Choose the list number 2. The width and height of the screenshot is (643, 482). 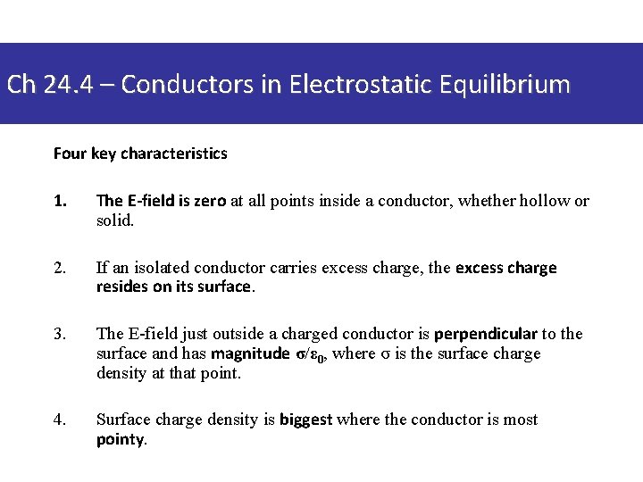point(60,268)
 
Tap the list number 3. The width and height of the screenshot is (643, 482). point(60,334)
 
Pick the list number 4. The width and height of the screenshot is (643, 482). point(60,420)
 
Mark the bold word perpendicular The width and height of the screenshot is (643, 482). point(486,334)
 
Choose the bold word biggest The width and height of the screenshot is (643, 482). point(305,420)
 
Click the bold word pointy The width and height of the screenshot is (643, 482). point(120,439)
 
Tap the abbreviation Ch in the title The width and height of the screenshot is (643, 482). point(21,85)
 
